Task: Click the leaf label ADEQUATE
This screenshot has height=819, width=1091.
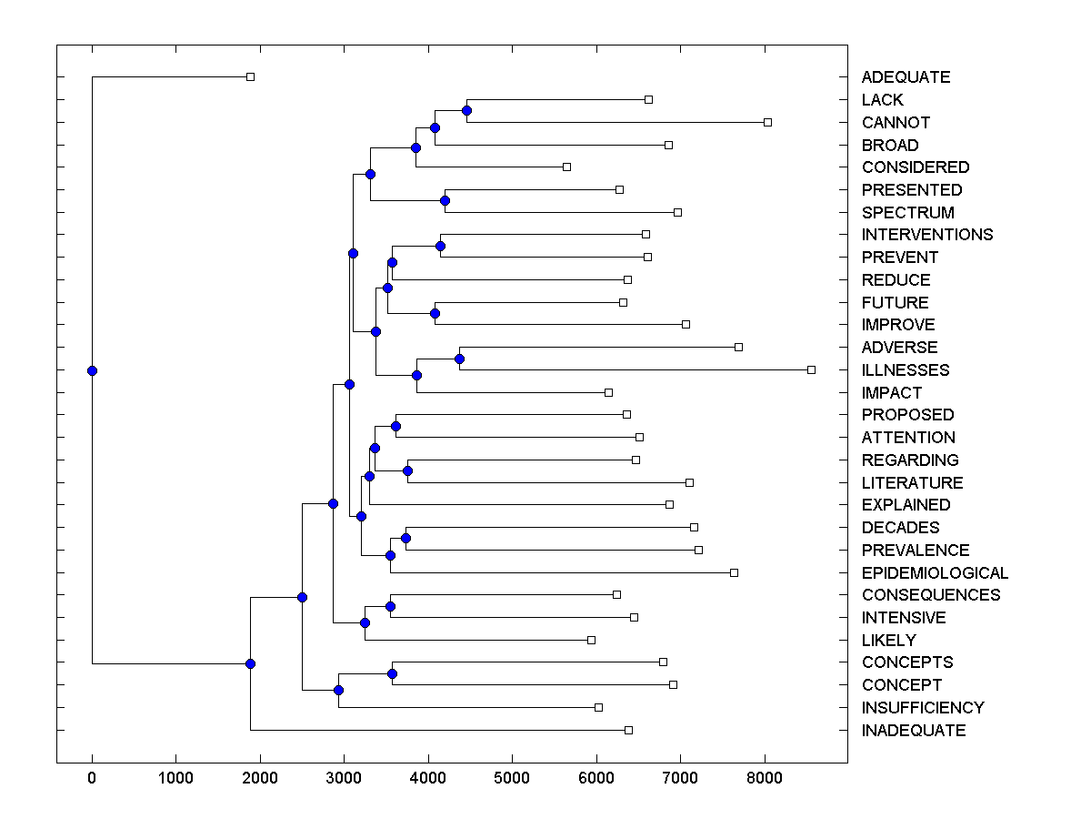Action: (x=906, y=77)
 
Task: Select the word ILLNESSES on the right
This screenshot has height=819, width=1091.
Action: (x=906, y=370)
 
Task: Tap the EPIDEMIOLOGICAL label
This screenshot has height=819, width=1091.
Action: (x=935, y=573)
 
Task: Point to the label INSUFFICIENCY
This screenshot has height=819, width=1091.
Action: (x=923, y=708)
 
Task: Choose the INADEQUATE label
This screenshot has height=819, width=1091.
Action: (x=914, y=731)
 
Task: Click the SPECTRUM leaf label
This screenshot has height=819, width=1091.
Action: (x=908, y=213)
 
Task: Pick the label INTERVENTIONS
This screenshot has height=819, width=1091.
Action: (x=927, y=235)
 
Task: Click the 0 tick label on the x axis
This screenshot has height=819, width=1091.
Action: (x=92, y=779)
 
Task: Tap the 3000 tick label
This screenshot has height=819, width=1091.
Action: (x=344, y=779)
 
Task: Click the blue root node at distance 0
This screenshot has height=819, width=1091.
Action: (x=92, y=370)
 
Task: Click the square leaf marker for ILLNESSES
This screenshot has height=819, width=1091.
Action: (x=811, y=369)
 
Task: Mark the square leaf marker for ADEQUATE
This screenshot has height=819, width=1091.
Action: (x=251, y=76)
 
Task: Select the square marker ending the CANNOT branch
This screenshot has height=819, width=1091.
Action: (x=767, y=122)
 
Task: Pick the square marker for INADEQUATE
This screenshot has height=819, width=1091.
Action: (x=628, y=730)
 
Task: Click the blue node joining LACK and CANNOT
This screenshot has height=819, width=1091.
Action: (x=466, y=111)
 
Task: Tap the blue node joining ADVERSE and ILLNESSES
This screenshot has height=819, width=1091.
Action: (x=459, y=359)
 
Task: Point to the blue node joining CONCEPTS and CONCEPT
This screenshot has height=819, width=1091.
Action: (x=392, y=673)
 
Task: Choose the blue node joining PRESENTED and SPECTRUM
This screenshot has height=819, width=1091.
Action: (x=445, y=200)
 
